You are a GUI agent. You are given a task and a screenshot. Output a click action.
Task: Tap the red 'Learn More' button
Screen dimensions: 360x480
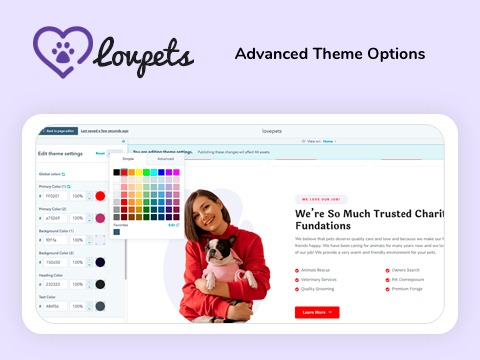click(x=317, y=312)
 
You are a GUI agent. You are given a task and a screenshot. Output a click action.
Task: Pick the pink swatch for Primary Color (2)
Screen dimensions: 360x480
click(x=99, y=218)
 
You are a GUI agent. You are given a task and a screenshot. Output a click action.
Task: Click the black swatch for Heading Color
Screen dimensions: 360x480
click(x=99, y=284)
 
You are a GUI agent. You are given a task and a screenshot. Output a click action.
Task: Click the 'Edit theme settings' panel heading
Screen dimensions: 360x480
click(x=61, y=152)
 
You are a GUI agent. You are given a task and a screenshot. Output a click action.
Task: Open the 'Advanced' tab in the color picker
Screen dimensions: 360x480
click(x=165, y=159)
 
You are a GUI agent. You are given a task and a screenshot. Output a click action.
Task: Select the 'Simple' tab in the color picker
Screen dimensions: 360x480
click(x=128, y=159)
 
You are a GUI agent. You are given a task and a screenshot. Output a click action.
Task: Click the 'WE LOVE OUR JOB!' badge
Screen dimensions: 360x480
click(x=321, y=199)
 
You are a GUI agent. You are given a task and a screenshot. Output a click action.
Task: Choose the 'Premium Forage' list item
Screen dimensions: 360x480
click(x=409, y=290)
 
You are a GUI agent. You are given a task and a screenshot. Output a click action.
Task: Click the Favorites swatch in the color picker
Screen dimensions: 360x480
click(x=115, y=233)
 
